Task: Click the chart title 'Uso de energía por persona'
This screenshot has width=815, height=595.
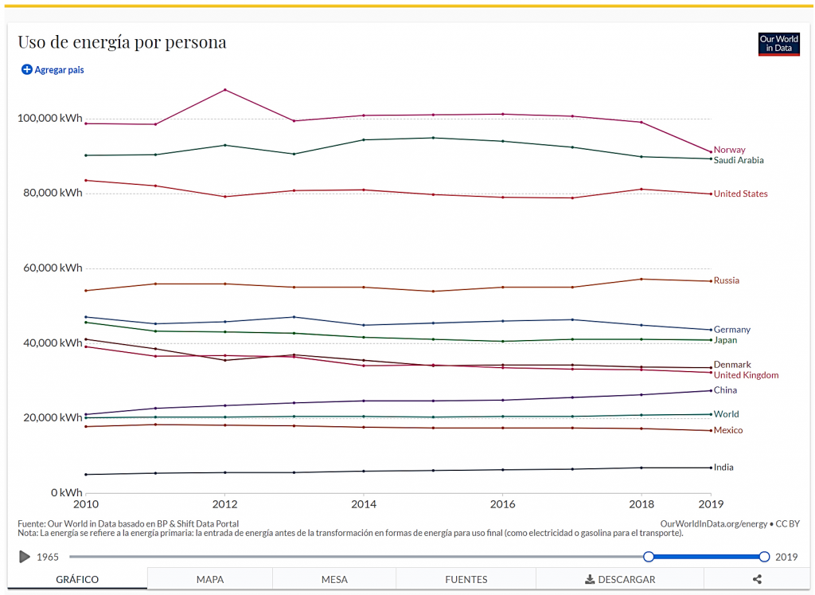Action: click(x=122, y=42)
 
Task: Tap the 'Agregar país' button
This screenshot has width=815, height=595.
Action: click(x=53, y=70)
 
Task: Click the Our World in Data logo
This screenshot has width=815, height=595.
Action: click(x=778, y=45)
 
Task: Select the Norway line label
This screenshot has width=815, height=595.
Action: click(x=729, y=150)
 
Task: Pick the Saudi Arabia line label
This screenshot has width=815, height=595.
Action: click(x=738, y=160)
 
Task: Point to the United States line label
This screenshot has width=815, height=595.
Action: click(x=740, y=194)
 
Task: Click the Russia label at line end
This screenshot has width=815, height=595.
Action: click(x=726, y=280)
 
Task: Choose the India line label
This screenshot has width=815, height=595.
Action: click(x=723, y=468)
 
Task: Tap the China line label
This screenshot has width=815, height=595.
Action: click(x=725, y=390)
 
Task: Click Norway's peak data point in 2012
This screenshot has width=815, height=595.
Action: click(x=225, y=89)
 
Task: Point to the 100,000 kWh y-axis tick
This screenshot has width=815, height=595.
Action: click(x=49, y=119)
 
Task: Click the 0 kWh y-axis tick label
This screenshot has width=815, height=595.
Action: click(x=65, y=492)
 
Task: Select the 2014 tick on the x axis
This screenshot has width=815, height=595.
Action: click(x=364, y=504)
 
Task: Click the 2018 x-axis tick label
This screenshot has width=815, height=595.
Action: click(x=641, y=504)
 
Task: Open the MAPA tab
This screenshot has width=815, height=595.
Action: click(x=210, y=579)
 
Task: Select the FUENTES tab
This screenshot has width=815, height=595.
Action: click(x=466, y=579)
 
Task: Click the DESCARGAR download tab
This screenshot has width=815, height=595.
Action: click(x=620, y=579)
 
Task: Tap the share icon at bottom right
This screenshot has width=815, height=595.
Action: click(x=757, y=579)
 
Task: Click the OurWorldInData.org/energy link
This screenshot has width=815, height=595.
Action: click(x=714, y=523)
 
